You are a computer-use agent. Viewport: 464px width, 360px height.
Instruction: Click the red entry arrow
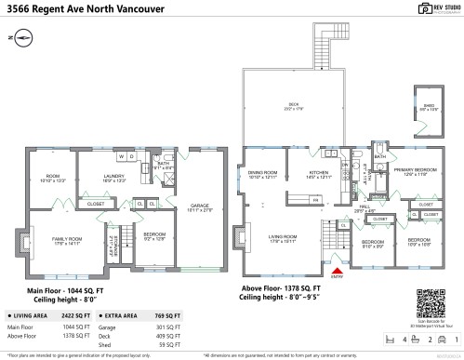336,273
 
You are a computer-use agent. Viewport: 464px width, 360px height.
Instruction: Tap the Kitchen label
318,174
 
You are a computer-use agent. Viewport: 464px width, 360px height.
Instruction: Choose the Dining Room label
264,174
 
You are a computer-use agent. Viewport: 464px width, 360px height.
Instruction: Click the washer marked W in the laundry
121,157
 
